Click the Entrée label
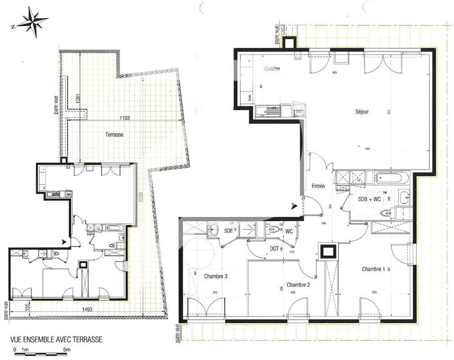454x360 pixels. pos(318,186)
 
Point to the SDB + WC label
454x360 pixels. pos(369,198)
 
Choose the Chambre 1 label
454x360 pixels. pos(373,268)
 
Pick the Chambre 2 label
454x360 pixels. pos(299,285)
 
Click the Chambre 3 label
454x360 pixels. pos(216,276)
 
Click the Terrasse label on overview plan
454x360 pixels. pos(114,135)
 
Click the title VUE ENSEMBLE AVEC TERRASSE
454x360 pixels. pos(57,340)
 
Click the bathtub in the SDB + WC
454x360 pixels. pos(390,177)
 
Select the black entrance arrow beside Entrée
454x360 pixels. pos(294,206)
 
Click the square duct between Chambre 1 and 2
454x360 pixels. pos(328,251)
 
